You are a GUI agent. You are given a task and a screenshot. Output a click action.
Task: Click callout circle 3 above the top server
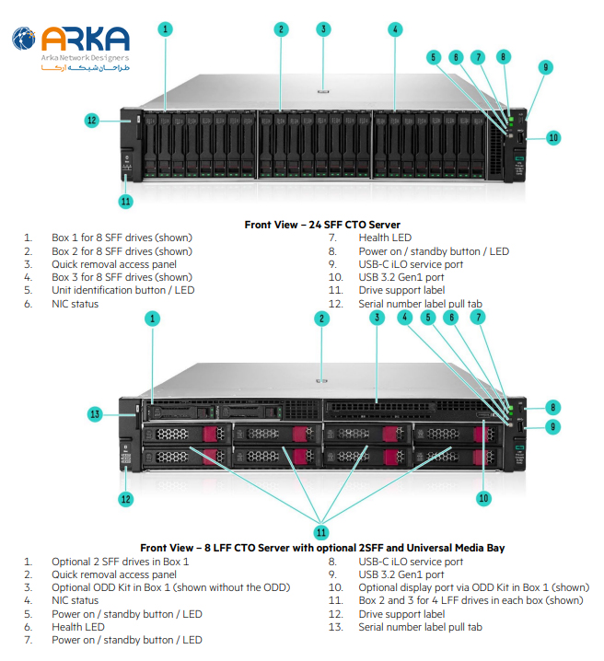pyautogui.click(x=323, y=29)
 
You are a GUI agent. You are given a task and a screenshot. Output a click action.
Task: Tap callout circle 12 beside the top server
pyautogui.click(x=91, y=120)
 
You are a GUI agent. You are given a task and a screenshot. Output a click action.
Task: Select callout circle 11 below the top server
pyautogui.click(x=125, y=201)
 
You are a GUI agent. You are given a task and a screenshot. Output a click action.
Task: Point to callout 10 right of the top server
pyautogui.click(x=552, y=138)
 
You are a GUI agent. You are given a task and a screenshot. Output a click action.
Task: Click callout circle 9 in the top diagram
pyautogui.click(x=546, y=67)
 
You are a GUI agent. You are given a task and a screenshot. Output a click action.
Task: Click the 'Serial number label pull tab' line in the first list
pyautogui.click(x=419, y=303)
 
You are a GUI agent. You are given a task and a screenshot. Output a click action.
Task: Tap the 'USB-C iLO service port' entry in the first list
pyautogui.click(x=411, y=264)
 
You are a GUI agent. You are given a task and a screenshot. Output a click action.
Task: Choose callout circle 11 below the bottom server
pyautogui.click(x=321, y=531)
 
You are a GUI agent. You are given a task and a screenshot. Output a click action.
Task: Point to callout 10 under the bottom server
pyautogui.click(x=482, y=498)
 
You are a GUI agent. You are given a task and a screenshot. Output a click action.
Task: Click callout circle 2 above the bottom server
pyautogui.click(x=321, y=319)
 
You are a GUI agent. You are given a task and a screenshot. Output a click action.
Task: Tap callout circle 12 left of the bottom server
pyautogui.click(x=125, y=499)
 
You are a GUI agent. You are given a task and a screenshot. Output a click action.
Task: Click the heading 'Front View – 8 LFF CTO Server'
pyautogui.click(x=321, y=548)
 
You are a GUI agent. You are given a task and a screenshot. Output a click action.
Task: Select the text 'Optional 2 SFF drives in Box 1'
pyautogui.click(x=120, y=562)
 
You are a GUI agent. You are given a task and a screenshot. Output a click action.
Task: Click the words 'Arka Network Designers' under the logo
pyautogui.click(x=85, y=58)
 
